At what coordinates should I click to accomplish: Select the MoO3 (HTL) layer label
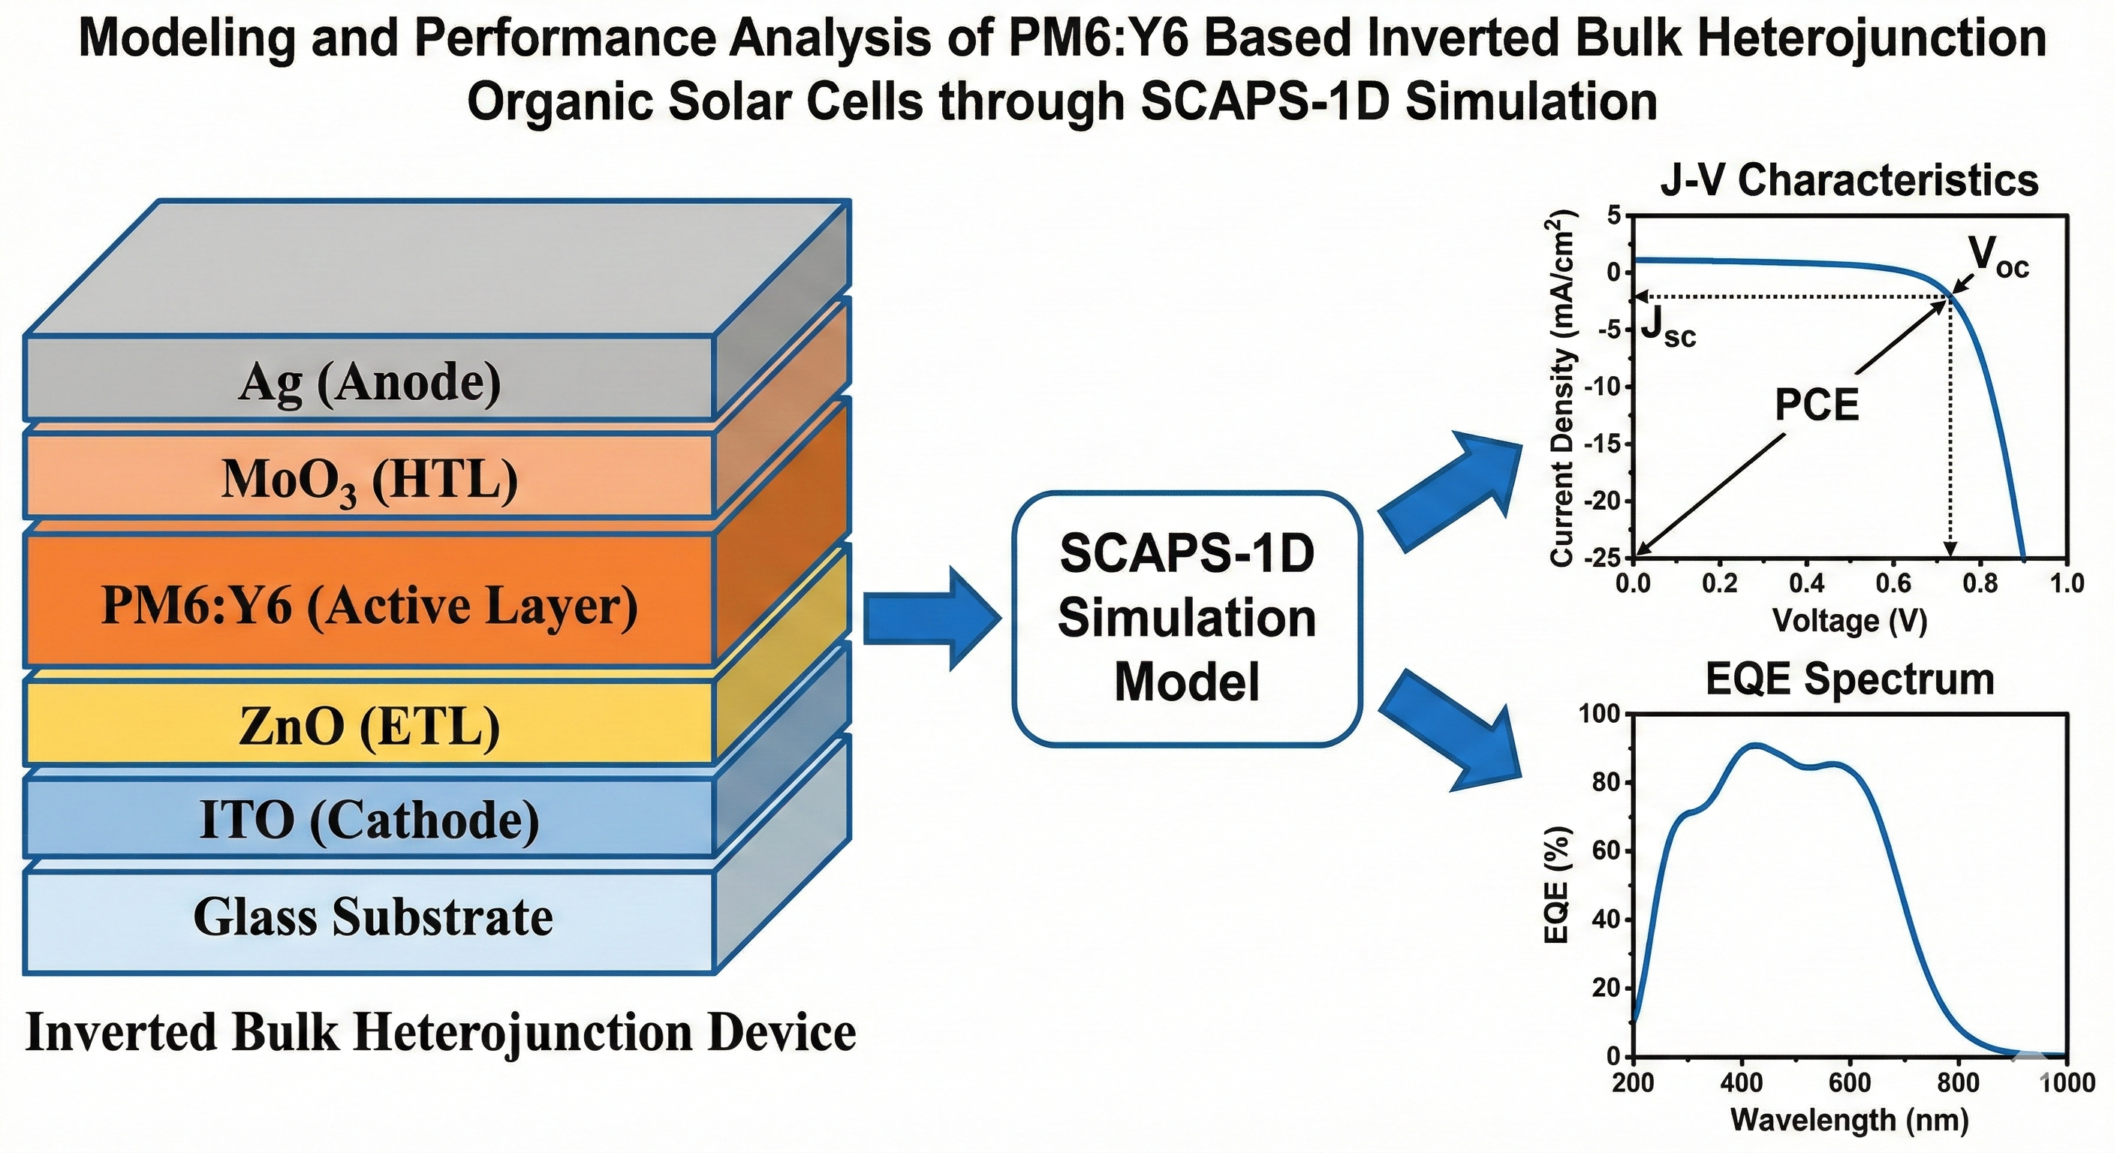[x=369, y=481]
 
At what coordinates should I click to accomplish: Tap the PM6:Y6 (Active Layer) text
[x=369, y=607]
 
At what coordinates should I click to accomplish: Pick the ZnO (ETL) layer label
[x=369, y=727]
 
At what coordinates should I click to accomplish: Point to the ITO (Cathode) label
[x=369, y=820]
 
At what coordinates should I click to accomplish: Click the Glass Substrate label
[x=372, y=917]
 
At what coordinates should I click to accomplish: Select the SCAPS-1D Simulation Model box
[x=1187, y=619]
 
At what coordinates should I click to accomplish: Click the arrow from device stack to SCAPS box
[x=932, y=619]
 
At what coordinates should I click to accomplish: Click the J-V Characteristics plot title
[x=1849, y=181]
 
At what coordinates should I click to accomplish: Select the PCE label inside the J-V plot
[x=1816, y=405]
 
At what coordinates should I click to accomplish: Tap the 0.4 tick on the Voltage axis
[x=1806, y=583]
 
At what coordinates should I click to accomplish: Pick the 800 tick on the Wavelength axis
[x=1958, y=1082]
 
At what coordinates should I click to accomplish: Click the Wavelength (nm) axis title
[x=1849, y=1119]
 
